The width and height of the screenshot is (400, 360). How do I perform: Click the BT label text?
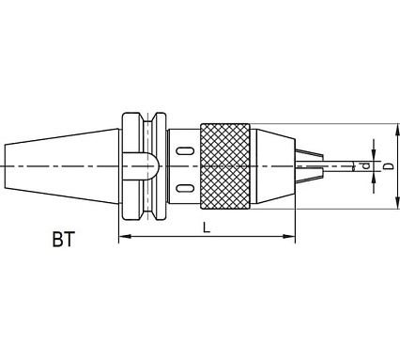64,240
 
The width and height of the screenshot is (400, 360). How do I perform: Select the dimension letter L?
206,227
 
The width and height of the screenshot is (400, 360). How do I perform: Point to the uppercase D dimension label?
388,166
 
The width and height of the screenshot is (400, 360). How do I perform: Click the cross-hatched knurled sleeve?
224,166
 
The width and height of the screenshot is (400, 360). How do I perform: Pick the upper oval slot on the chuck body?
184,150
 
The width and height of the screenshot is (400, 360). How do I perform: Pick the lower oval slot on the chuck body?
184,188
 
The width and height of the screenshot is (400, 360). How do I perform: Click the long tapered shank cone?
62,166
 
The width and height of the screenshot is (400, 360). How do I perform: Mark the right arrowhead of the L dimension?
289,236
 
